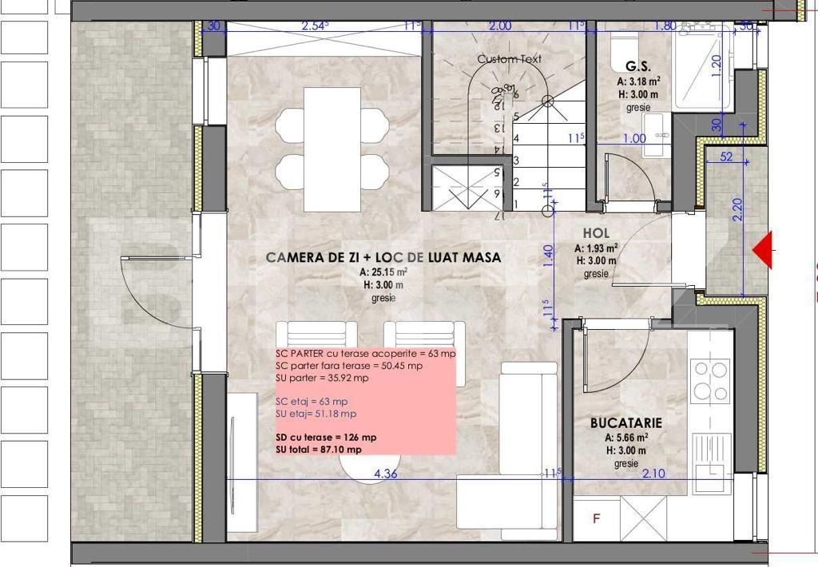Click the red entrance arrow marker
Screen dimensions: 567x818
[764, 251]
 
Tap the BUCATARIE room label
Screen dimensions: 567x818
[626, 422]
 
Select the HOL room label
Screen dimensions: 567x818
[597, 233]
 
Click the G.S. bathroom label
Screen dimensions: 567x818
[637, 67]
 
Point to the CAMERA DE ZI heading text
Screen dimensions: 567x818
[383, 258]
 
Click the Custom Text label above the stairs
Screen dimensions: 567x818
[509, 59]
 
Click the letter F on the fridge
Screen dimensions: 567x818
[596, 518]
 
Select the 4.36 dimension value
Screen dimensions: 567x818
[387, 474]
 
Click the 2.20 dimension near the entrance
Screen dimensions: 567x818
[737, 209]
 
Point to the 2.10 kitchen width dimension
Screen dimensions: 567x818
[653, 474]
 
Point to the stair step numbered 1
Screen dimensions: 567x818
[516, 204]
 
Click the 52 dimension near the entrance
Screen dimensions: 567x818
[725, 157]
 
